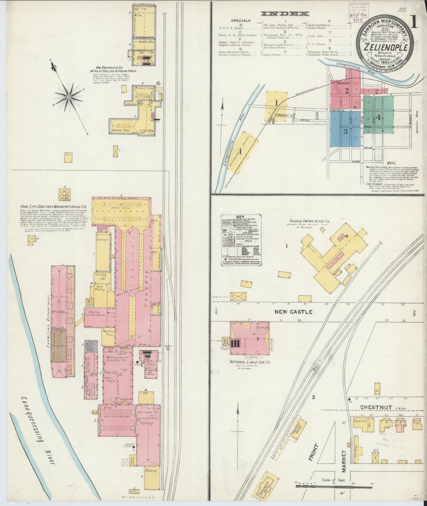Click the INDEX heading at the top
(x=285, y=14)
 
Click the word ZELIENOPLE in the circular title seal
(x=386, y=47)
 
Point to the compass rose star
(x=69, y=97)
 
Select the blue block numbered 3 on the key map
(x=345, y=131)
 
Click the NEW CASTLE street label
(x=293, y=312)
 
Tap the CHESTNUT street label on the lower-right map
(x=376, y=407)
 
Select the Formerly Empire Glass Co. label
(x=310, y=221)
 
